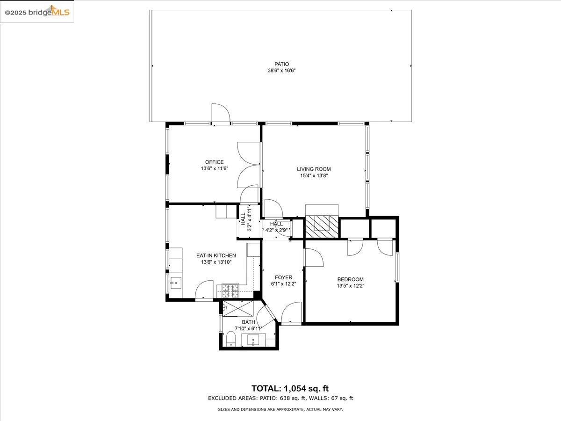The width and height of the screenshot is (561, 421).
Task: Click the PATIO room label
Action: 281,64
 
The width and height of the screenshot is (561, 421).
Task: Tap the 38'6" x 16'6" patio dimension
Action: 281,71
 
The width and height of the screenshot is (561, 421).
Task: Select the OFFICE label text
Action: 215,162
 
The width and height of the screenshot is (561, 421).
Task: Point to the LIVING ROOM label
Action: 314,169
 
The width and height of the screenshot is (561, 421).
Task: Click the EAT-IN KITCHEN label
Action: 216,255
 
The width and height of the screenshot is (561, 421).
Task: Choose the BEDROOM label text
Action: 351,279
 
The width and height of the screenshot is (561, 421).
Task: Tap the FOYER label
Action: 284,277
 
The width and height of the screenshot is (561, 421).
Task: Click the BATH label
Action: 248,322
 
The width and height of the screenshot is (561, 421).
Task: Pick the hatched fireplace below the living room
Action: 322,227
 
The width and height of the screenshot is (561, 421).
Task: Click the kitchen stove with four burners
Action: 230,291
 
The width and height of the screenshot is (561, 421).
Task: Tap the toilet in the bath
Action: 231,339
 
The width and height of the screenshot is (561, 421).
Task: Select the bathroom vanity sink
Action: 253,340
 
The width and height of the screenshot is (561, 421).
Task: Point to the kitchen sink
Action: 175,283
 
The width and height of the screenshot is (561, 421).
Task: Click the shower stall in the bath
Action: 238,309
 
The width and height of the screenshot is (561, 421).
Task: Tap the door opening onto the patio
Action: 221,114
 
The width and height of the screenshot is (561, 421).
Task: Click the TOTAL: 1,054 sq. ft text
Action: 290,389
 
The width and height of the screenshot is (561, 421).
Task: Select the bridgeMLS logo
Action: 37,12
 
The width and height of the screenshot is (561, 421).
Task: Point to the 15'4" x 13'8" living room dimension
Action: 314,175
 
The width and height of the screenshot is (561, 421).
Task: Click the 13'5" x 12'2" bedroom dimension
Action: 351,286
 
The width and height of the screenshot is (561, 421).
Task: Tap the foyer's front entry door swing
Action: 292,312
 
